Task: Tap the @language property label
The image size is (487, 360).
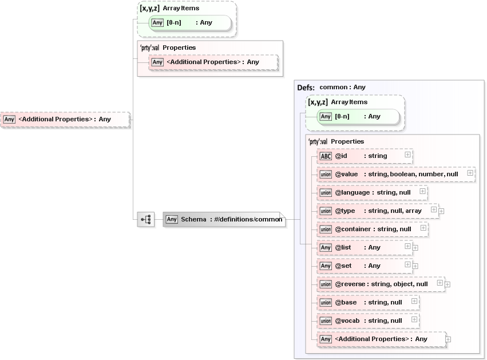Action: point(352,192)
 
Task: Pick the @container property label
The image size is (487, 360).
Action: point(353,229)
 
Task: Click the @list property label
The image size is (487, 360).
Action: point(343,247)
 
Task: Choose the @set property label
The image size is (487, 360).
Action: point(343,266)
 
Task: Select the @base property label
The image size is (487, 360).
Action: point(346,302)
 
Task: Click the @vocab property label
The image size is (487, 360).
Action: point(347,321)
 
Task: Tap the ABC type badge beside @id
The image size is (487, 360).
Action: point(326,156)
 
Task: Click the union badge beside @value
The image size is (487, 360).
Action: point(326,174)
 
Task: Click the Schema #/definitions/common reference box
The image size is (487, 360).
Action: point(224,219)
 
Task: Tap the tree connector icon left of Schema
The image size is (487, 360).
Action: point(146,219)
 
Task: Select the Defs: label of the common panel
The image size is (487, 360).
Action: point(306,88)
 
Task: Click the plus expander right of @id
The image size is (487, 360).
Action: point(407,155)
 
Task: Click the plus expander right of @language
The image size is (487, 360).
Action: point(422,191)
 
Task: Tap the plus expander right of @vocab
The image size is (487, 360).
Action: point(414,319)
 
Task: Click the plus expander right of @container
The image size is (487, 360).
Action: point(423,228)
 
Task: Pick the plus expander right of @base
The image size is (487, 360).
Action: point(414,301)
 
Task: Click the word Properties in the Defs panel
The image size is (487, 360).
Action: point(347,141)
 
